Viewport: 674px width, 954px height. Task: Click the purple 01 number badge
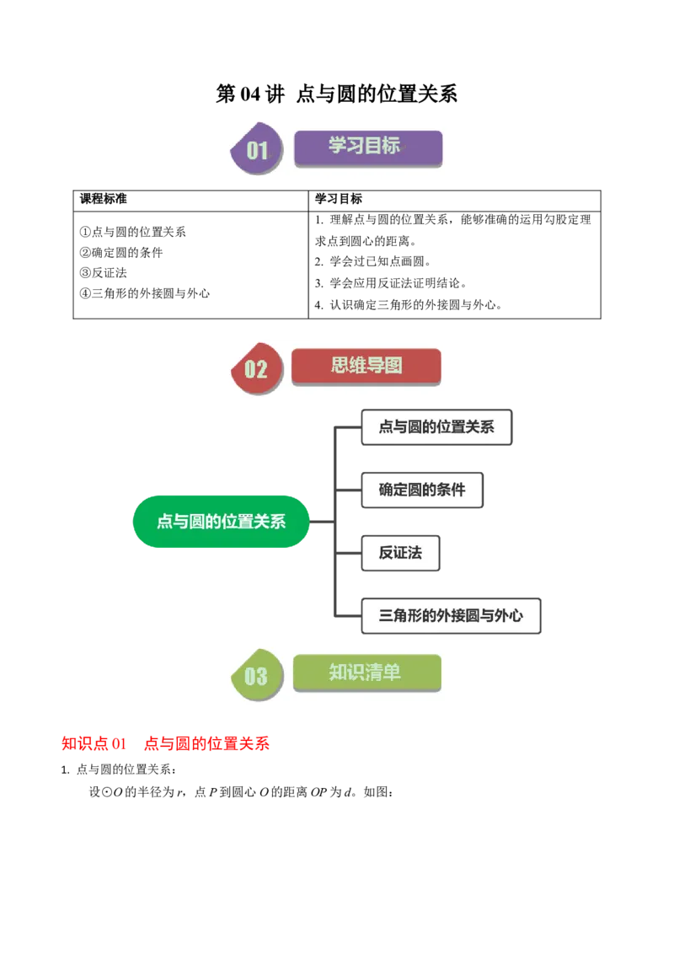pyautogui.click(x=256, y=150)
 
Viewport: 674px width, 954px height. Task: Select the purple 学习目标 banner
pyautogui.click(x=367, y=147)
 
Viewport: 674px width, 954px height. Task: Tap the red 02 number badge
pyautogui.click(x=255, y=368)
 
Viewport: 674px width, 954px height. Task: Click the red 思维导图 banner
pyautogui.click(x=366, y=367)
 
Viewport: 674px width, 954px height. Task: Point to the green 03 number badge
pyautogui.click(x=255, y=675)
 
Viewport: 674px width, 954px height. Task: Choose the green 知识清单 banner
pyautogui.click(x=366, y=673)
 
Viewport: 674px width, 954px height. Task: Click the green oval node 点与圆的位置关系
pyautogui.click(x=221, y=522)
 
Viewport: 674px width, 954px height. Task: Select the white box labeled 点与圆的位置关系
pyautogui.click(x=436, y=427)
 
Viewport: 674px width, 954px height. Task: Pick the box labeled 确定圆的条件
pyautogui.click(x=421, y=490)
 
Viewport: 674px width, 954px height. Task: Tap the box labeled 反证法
pyautogui.click(x=399, y=553)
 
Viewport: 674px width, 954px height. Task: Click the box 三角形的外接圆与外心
pyautogui.click(x=450, y=616)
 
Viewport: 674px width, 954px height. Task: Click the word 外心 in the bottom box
pyautogui.click(x=506, y=616)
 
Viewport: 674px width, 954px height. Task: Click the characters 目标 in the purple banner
pyautogui.click(x=384, y=145)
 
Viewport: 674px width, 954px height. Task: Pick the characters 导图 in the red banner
pyautogui.click(x=385, y=366)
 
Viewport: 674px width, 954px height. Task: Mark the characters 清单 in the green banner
pyautogui.click(x=384, y=672)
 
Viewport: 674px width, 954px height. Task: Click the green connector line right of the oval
pyautogui.click(x=320, y=529)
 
